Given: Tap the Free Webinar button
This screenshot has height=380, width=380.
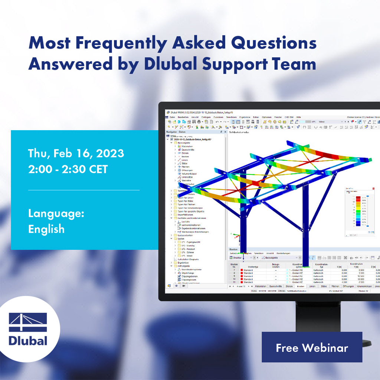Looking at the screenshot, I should [x=312, y=347].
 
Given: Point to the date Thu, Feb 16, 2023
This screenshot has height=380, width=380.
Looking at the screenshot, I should [x=76, y=153].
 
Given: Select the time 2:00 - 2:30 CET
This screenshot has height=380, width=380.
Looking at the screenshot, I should [x=68, y=169].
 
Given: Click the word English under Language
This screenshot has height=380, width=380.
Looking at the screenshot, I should [x=46, y=229].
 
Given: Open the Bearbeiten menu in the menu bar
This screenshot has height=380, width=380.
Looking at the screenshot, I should [x=183, y=117].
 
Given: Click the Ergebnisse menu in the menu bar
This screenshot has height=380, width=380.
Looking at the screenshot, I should [x=245, y=117].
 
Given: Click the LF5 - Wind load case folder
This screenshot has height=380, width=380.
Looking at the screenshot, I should [x=188, y=256].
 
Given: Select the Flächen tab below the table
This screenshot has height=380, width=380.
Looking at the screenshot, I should [x=335, y=286].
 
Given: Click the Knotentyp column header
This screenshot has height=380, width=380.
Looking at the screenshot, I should [x=249, y=266].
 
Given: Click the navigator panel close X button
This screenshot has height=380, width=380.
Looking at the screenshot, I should [x=225, y=132].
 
